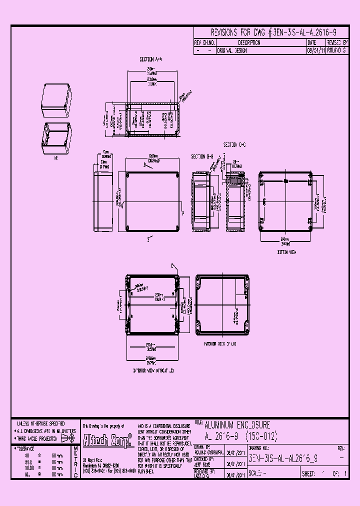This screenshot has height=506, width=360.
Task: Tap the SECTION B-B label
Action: tap(202, 156)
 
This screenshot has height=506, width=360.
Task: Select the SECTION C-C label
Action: tap(234, 144)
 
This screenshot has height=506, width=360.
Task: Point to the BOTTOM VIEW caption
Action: tap(287, 252)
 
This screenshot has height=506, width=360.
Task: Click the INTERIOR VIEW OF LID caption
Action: tap(220, 344)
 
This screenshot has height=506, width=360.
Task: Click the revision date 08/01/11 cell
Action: tap(315, 50)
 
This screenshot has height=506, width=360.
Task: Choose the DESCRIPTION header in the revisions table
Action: tap(249, 43)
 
